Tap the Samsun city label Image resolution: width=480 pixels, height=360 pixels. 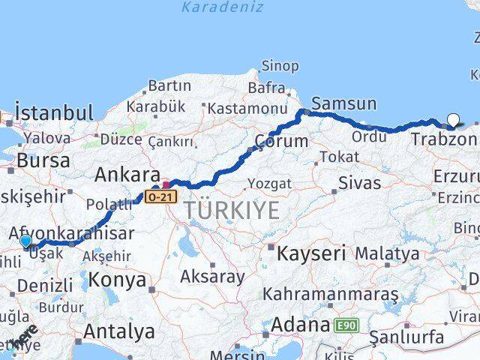(x=343, y=103)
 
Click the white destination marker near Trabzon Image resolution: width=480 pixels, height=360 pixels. (x=453, y=119)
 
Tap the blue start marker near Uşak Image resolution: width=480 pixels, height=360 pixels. (x=25, y=241)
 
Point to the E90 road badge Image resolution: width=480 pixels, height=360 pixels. (x=346, y=325)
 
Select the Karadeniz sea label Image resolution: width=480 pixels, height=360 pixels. (x=223, y=7)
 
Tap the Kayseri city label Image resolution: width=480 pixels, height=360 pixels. (x=311, y=253)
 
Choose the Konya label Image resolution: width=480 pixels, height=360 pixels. (x=117, y=280)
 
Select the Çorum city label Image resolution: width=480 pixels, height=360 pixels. (x=281, y=141)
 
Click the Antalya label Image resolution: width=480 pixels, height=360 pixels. (x=119, y=331)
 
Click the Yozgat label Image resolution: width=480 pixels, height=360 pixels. (x=268, y=183)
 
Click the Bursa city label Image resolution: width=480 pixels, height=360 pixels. (x=43, y=160)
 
